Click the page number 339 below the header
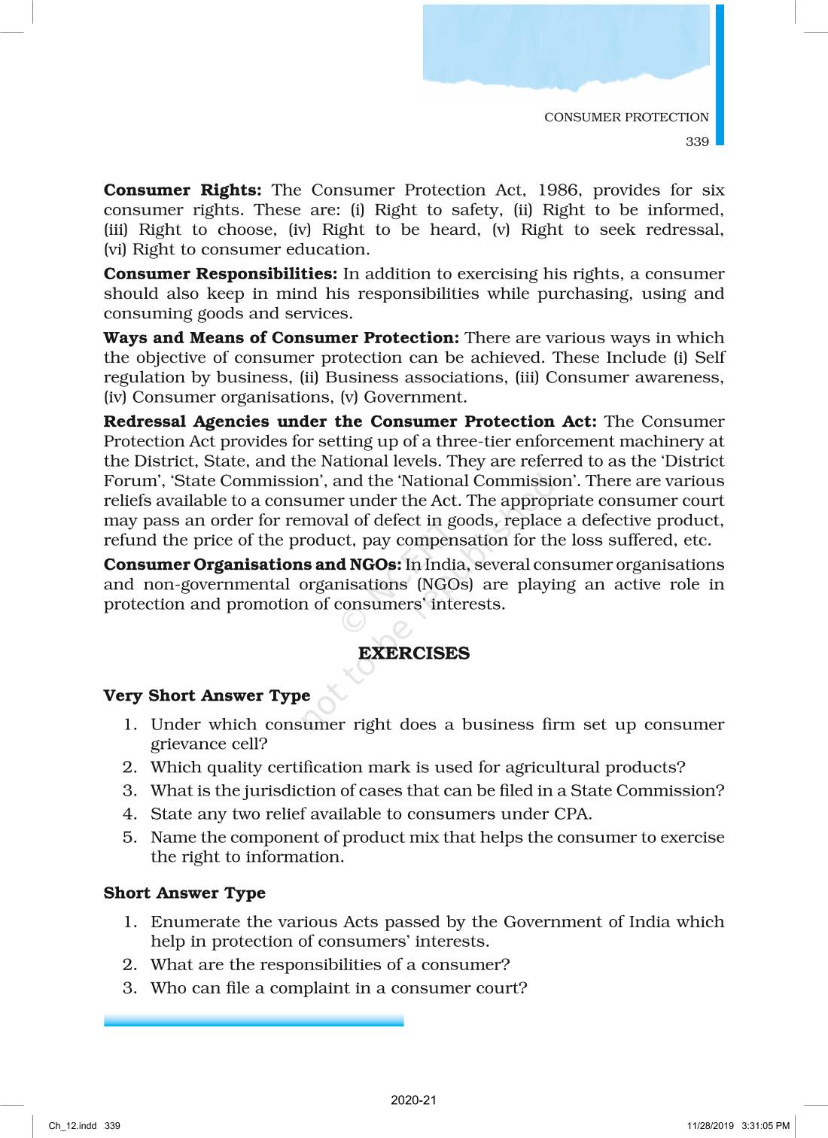tap(697, 141)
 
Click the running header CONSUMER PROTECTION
tap(626, 117)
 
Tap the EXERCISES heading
tap(413, 653)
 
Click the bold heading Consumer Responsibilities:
tap(221, 274)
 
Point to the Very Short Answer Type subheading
tap(207, 695)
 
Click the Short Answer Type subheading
tap(184, 893)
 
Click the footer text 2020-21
tap(413, 1100)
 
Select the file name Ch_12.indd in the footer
tap(73, 1126)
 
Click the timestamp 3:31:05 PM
tap(766, 1126)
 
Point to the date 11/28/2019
tap(710, 1126)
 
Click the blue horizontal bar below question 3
tap(254, 1021)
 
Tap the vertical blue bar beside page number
tap(720, 75)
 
